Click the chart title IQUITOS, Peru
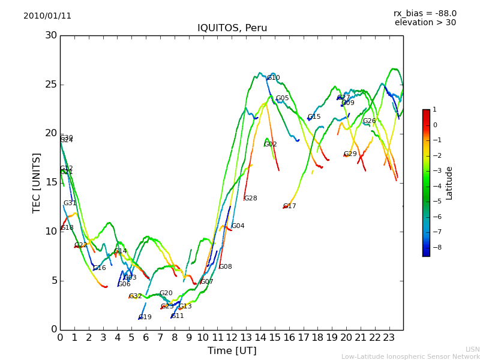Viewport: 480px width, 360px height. click(x=232, y=28)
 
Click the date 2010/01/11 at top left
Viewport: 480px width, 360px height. click(x=47, y=16)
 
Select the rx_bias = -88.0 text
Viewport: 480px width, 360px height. click(x=425, y=13)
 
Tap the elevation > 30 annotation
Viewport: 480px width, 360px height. click(x=425, y=23)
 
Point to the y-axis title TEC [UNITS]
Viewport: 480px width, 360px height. click(x=37, y=182)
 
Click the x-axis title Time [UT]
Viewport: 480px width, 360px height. click(x=232, y=350)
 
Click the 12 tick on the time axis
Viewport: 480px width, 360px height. click(x=232, y=337)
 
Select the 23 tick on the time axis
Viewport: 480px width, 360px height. click(x=389, y=337)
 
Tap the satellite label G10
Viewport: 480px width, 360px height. click(x=274, y=78)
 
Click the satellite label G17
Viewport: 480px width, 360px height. click(x=290, y=206)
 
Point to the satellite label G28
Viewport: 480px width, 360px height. click(x=250, y=199)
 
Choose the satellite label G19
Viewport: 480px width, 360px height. click(x=145, y=317)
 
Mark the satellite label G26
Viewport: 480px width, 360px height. click(x=370, y=121)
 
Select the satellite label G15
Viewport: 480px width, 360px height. click(x=314, y=117)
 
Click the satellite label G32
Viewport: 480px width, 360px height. click(x=136, y=296)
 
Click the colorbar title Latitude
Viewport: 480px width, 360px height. click(x=449, y=183)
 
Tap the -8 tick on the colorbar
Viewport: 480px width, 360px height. click(x=435, y=247)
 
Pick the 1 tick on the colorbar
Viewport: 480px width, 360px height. click(x=435, y=110)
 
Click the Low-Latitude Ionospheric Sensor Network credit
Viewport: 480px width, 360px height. click(x=410, y=356)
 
